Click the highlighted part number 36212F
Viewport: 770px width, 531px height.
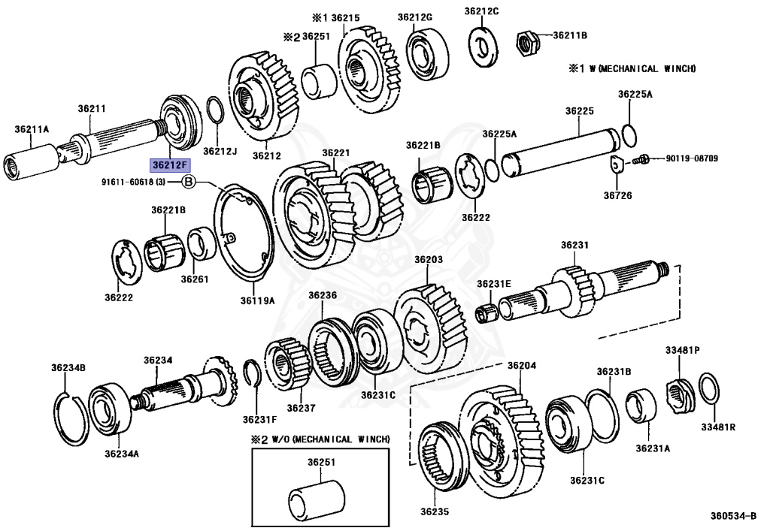(x=171, y=164)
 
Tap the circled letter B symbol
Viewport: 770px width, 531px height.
(x=189, y=182)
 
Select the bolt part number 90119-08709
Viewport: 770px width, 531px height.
(x=691, y=159)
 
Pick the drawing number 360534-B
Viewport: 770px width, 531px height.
(x=734, y=517)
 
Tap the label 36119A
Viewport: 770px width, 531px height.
(x=257, y=300)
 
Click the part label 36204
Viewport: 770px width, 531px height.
(x=521, y=366)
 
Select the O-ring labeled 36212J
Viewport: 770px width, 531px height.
(x=214, y=113)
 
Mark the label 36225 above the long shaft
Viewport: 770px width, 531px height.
(x=580, y=111)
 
